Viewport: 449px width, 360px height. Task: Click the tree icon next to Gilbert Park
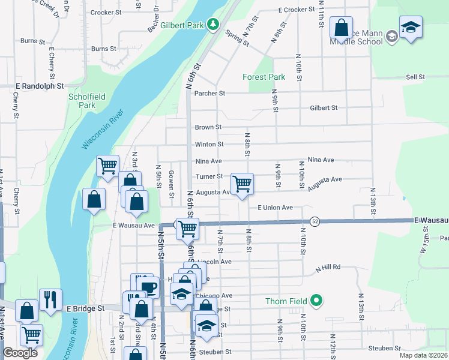[x=212, y=24]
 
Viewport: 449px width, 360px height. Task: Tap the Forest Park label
[x=264, y=77]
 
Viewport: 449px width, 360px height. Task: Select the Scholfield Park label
[x=82, y=100]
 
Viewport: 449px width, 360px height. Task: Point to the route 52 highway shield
[x=314, y=221]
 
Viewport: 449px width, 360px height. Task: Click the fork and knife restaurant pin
[x=50, y=299]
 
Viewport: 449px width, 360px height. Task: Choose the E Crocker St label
[x=297, y=10]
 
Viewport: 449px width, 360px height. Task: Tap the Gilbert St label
[x=324, y=108]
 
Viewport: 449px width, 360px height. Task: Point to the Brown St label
[x=208, y=127]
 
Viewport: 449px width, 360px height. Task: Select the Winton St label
[x=209, y=145]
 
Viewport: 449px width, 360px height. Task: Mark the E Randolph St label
[x=40, y=86]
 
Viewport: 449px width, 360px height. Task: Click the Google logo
[x=20, y=352]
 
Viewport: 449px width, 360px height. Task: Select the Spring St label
[x=238, y=39]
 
